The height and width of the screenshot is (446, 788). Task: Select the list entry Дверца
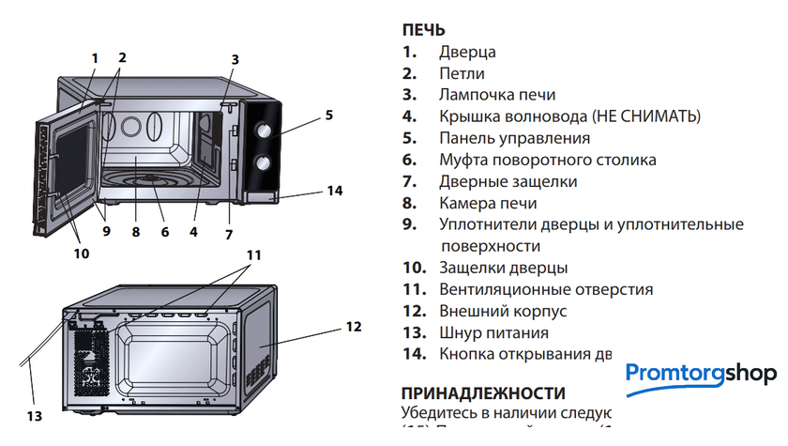pyautogui.click(x=466, y=53)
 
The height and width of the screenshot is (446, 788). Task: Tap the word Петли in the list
pyautogui.click(x=462, y=73)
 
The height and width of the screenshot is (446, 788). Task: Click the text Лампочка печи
pyautogui.click(x=496, y=95)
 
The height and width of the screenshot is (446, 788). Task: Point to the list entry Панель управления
pyautogui.click(x=514, y=138)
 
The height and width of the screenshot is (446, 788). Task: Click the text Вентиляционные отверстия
pyautogui.click(x=545, y=289)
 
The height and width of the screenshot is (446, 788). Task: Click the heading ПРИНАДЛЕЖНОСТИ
pyautogui.click(x=482, y=392)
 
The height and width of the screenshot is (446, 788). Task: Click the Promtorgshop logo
pyautogui.click(x=701, y=374)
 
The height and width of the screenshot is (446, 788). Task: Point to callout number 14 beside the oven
pyautogui.click(x=335, y=191)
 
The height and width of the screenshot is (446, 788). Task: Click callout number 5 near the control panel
pyautogui.click(x=329, y=115)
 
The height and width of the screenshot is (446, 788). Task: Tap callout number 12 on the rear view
pyautogui.click(x=353, y=327)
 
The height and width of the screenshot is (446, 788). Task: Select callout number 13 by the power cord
pyautogui.click(x=35, y=414)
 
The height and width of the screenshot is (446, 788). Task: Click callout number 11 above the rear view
pyautogui.click(x=254, y=254)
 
